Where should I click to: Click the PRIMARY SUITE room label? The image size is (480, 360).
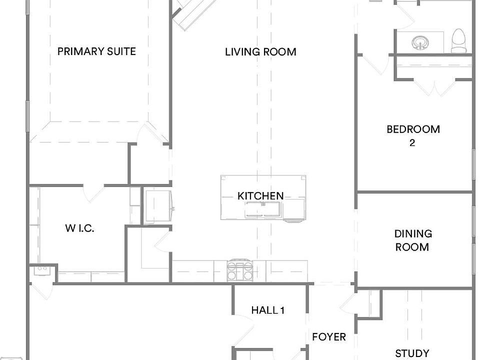click(96, 51)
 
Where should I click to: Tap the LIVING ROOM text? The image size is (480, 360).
click(260, 51)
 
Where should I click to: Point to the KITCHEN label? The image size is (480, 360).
click(260, 196)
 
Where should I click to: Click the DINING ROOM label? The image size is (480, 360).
click(413, 240)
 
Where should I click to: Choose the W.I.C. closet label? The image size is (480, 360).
click(79, 228)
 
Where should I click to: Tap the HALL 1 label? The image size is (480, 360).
click(268, 310)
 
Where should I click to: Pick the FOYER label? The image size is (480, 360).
click(328, 337)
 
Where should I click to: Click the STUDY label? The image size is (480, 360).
click(412, 353)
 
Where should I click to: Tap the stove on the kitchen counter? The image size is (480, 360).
click(239, 270)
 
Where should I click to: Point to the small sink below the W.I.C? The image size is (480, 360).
click(41, 270)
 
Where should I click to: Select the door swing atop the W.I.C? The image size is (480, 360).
click(90, 193)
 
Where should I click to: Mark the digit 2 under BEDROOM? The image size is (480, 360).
click(412, 142)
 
